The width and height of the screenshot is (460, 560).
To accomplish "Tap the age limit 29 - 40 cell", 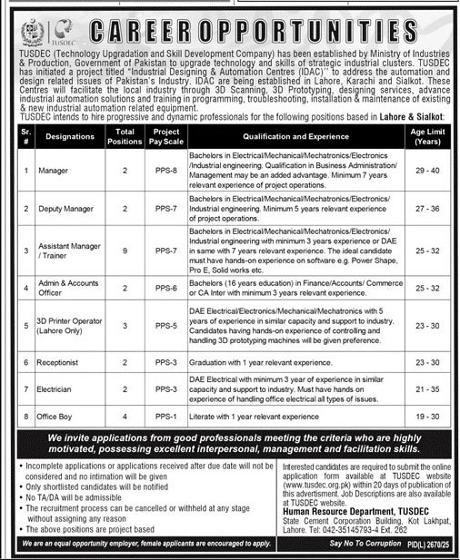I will tap(432, 170).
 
